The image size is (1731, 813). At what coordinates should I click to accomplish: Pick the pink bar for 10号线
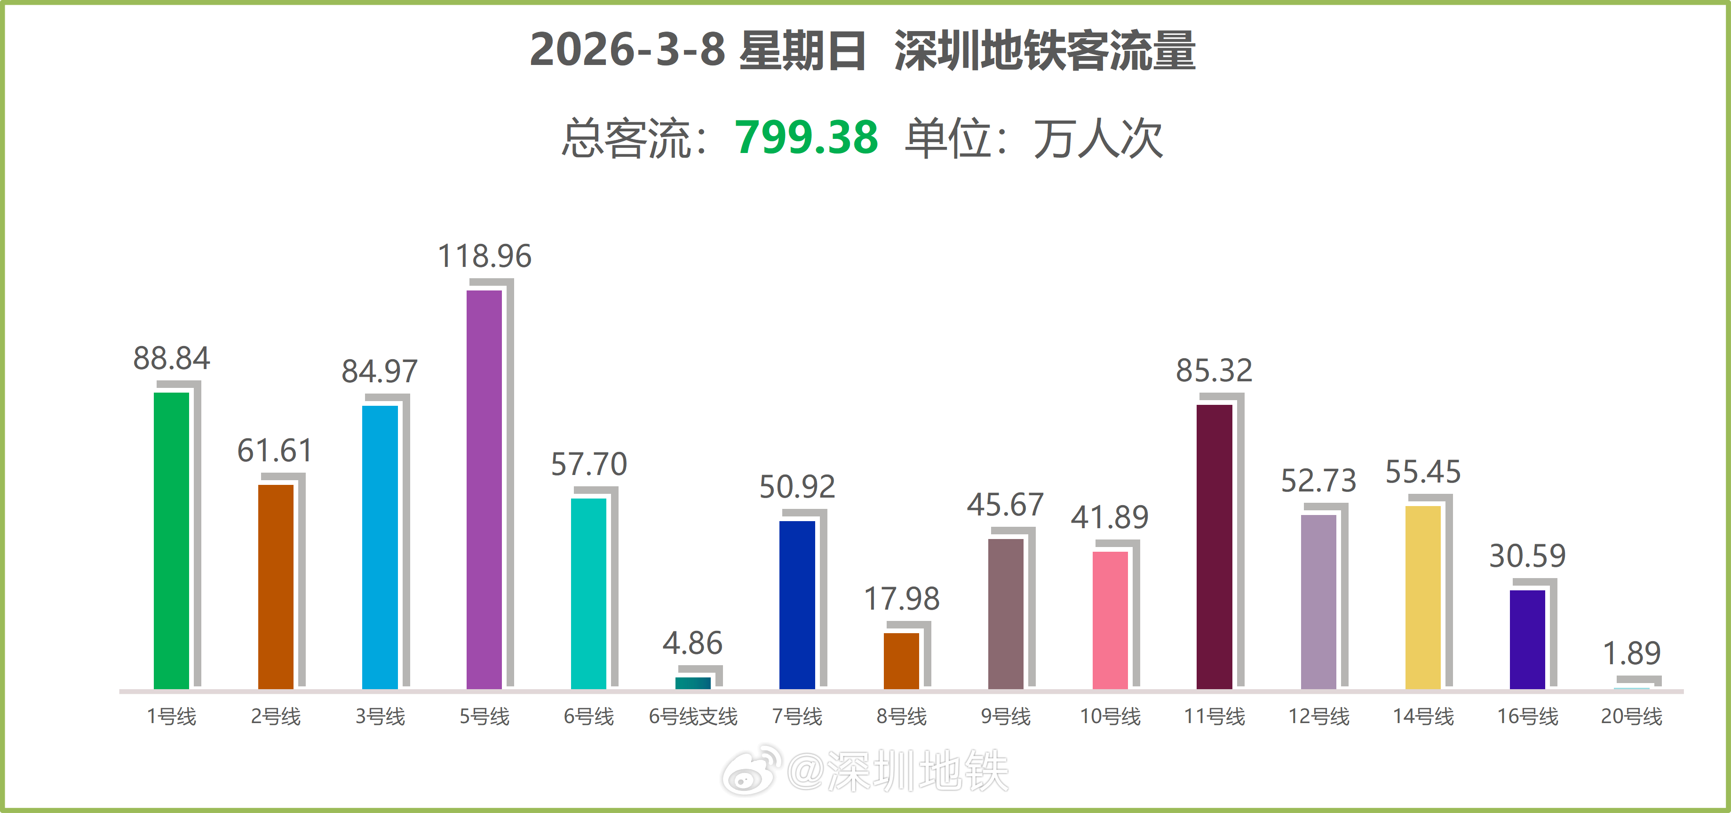[x=1110, y=620]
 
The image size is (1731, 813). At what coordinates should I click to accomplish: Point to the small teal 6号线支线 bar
[x=693, y=683]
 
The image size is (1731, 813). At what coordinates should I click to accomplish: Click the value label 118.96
[x=484, y=256]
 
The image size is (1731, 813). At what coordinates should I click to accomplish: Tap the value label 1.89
[x=1632, y=653]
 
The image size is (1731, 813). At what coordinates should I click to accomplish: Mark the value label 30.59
[x=1527, y=556]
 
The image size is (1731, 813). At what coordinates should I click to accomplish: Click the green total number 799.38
[x=806, y=137]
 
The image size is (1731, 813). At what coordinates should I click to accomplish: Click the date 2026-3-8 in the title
[x=627, y=50]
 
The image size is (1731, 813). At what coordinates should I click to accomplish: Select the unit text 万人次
[x=1098, y=139]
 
